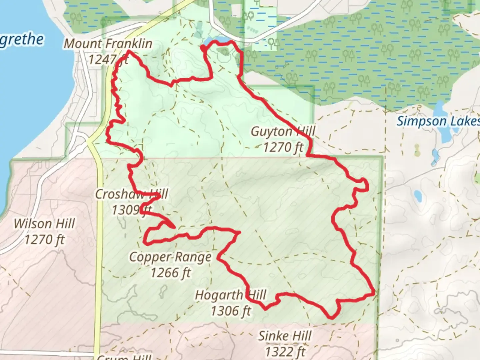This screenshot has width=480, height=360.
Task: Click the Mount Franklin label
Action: (x=108, y=44)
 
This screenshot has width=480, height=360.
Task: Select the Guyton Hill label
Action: (x=283, y=132)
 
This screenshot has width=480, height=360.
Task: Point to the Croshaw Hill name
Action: (x=131, y=194)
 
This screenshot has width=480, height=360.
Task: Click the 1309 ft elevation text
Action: (x=131, y=210)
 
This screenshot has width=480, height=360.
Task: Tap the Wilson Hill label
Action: (x=44, y=224)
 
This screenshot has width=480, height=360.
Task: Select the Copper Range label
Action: (x=170, y=257)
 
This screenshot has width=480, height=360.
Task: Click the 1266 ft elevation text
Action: (x=170, y=273)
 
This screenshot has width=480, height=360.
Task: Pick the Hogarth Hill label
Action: (x=231, y=295)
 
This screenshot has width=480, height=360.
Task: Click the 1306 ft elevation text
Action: (x=231, y=311)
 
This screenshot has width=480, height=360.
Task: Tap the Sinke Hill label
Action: (x=285, y=336)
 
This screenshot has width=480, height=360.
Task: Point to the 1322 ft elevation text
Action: (x=285, y=351)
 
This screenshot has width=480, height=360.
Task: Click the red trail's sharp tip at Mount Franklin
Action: (x=128, y=52)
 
